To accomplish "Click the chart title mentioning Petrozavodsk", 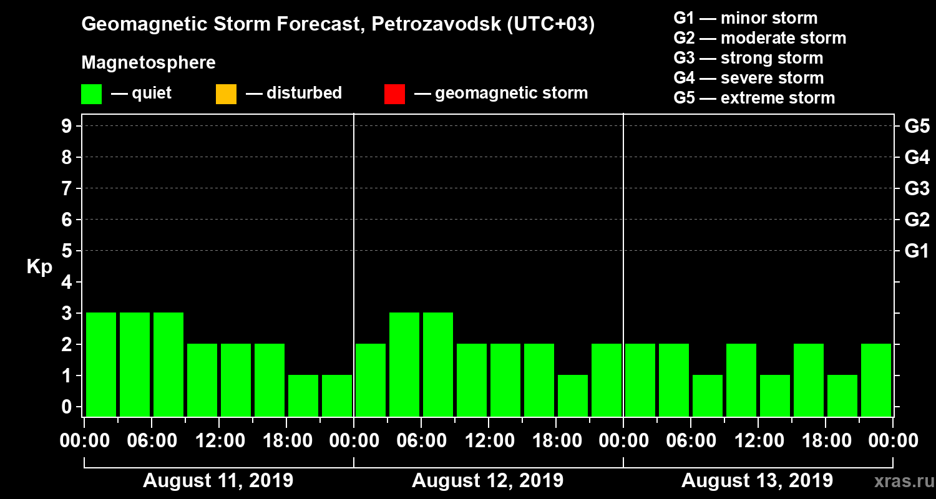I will click(x=338, y=25).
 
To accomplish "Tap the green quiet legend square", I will click(x=91, y=94).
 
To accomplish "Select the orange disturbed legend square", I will click(x=226, y=94).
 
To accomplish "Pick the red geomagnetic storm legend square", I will click(x=394, y=94).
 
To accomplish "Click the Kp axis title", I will click(x=39, y=267).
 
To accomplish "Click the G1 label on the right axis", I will click(x=917, y=251).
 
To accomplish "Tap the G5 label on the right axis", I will click(x=917, y=127).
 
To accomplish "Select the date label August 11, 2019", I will click(x=218, y=481).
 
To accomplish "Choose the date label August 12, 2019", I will click(x=487, y=481).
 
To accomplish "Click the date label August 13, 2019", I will click(x=756, y=481).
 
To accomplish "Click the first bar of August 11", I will click(x=101, y=364).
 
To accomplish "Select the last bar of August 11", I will click(x=337, y=395).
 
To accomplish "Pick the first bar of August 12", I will click(x=371, y=380).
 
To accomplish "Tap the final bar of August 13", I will click(x=876, y=380).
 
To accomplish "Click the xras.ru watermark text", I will click(x=898, y=481).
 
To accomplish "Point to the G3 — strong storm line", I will click(x=748, y=58).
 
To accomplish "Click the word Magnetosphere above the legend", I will click(x=149, y=63).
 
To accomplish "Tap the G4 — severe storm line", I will click(x=748, y=78).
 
